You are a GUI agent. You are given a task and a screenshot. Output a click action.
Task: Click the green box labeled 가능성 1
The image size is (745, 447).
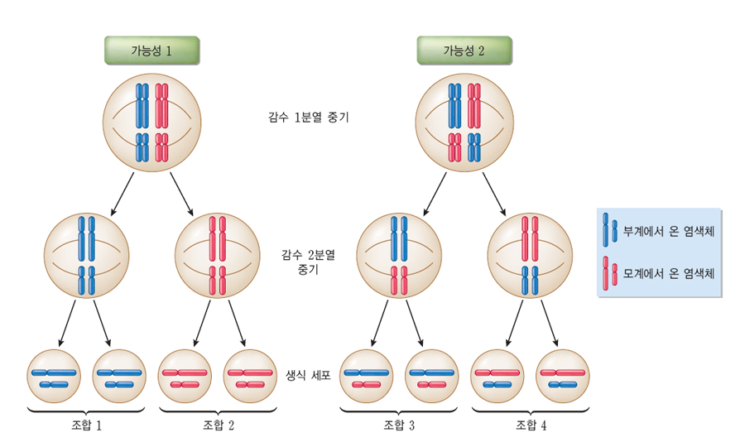[151, 50]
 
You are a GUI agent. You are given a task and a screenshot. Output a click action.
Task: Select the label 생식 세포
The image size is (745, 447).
[307, 375]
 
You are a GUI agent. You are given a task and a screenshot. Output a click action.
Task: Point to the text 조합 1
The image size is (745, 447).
[87, 425]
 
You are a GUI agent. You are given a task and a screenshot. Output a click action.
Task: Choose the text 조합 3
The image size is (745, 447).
[399, 425]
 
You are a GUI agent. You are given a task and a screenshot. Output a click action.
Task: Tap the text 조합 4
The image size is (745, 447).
[531, 425]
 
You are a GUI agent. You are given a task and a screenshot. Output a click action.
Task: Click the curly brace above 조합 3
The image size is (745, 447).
[399, 409]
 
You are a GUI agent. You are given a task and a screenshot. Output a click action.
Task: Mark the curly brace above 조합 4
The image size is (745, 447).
[531, 409]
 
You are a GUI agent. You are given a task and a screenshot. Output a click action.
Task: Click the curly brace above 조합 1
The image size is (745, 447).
[87, 409]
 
